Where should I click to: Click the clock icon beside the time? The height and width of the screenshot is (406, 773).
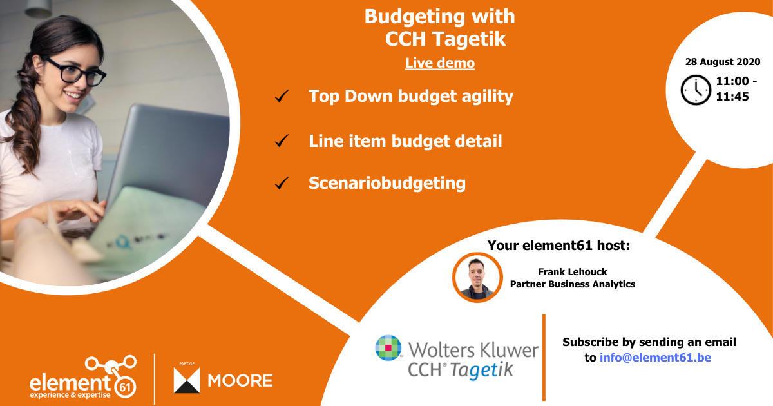[696, 90]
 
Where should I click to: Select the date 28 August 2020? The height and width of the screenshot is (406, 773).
[722, 62]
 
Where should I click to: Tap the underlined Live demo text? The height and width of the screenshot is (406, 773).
[440, 63]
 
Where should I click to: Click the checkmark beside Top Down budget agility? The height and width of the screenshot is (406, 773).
[281, 97]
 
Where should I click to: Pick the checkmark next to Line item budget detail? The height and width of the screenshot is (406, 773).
[281, 140]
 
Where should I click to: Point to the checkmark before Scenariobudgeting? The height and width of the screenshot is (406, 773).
[281, 184]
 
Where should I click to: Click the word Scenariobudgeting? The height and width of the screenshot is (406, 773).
[386, 183]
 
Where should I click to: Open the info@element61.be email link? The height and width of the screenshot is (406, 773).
[655, 357]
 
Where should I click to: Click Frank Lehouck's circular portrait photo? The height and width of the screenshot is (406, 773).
[477, 277]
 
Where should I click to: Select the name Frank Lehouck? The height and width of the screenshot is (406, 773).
[573, 272]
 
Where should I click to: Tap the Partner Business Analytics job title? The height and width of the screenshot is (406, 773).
[573, 284]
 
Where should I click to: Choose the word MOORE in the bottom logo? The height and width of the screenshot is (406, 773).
[240, 381]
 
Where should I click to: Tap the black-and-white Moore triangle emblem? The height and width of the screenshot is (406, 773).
[187, 380]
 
